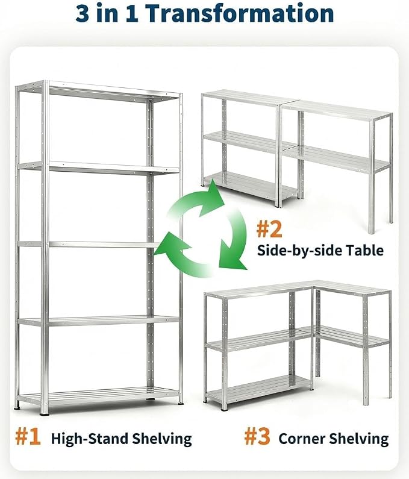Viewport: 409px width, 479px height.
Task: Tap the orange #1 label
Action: (x=28, y=437)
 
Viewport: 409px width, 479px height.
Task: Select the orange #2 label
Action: (x=269, y=230)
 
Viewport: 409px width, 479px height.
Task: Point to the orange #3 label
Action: (x=257, y=437)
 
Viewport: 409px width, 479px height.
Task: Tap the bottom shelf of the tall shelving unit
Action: (x=98, y=396)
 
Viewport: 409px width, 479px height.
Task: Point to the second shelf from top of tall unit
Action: (x=98, y=168)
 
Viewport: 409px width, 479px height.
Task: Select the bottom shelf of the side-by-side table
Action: (x=251, y=185)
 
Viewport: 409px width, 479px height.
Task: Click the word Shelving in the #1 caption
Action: (x=162, y=439)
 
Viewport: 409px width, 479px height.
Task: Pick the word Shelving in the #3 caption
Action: (x=359, y=439)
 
